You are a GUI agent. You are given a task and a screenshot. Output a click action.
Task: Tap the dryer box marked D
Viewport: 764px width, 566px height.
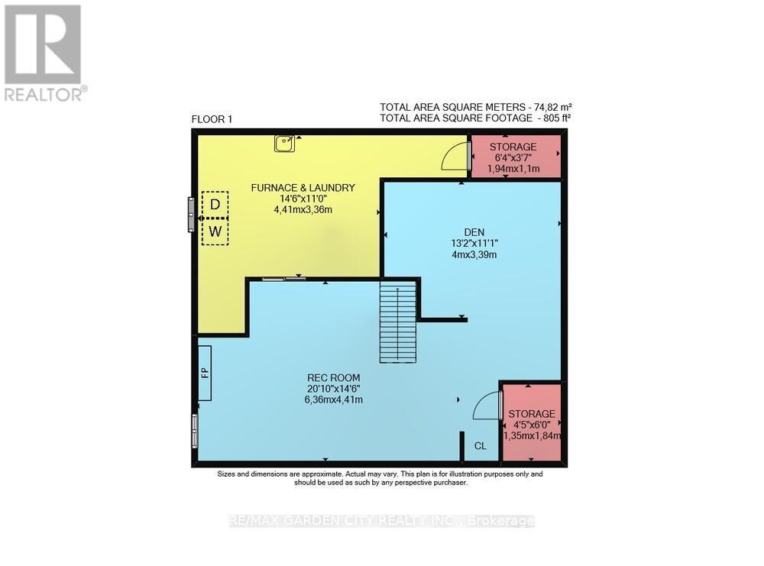(215, 204)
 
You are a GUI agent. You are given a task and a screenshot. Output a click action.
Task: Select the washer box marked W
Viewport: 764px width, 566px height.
(215, 231)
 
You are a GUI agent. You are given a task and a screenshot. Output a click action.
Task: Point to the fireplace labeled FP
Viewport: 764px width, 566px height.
(204, 373)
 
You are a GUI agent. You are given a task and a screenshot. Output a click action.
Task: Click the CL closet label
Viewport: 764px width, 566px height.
(480, 446)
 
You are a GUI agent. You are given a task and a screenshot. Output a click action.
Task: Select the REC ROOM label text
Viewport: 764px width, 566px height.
(333, 377)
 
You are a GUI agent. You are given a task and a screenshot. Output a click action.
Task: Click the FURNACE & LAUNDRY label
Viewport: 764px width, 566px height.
(303, 187)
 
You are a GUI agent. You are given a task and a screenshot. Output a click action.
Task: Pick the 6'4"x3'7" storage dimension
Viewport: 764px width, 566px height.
(513, 158)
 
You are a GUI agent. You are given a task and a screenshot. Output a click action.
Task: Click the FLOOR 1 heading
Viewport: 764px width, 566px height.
(211, 119)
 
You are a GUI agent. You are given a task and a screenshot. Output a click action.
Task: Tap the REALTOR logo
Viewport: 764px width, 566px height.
(44, 52)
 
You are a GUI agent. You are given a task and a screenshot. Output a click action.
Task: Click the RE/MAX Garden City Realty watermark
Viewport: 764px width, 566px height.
(381, 521)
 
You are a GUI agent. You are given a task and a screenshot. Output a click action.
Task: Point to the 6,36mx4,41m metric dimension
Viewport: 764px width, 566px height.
(333, 399)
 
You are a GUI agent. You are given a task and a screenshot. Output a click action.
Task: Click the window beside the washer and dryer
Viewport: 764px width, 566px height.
(192, 215)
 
